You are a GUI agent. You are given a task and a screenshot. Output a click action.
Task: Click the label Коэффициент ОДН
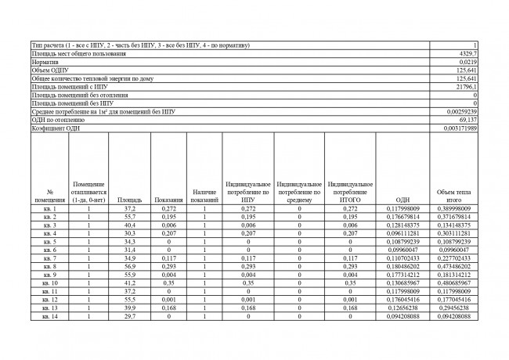(56, 128)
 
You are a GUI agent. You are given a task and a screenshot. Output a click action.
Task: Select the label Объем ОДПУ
(49, 69)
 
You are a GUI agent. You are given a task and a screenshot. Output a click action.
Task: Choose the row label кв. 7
(49, 258)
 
